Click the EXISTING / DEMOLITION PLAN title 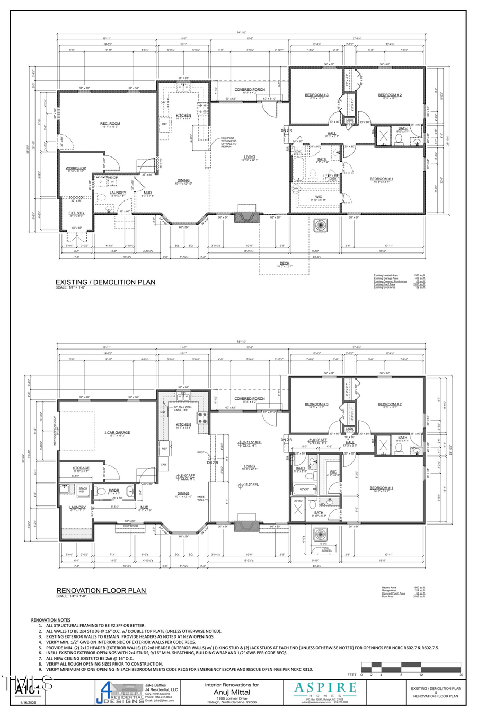click(x=105, y=282)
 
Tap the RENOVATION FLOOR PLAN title click(x=101, y=590)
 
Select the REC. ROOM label click(x=110, y=124)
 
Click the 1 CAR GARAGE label click(x=117, y=433)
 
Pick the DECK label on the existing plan click(x=285, y=263)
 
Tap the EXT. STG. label click(x=76, y=213)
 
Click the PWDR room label click(x=114, y=491)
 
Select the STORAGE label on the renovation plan click(x=81, y=468)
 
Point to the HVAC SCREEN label click(x=327, y=549)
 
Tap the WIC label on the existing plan click(x=319, y=197)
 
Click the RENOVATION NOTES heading click(x=50, y=620)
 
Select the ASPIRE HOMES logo click(x=325, y=691)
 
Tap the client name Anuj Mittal click(x=232, y=692)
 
